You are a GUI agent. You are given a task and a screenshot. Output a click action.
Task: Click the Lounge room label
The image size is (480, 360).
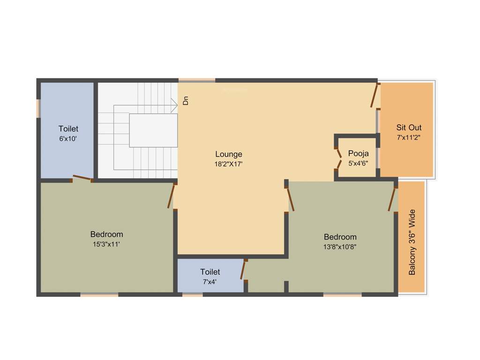(229, 154)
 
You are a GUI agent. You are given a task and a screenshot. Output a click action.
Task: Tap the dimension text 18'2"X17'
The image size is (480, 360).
(229, 164)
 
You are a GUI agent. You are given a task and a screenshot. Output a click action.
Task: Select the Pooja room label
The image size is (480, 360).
(358, 153)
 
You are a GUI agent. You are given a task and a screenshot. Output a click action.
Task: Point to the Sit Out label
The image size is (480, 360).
(409, 127)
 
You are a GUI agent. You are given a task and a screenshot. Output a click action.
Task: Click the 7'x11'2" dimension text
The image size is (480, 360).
(409, 138)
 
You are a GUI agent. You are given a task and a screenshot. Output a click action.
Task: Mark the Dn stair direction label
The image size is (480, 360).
(186, 100)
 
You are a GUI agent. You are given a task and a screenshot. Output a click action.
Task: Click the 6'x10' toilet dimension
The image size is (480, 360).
(68, 139)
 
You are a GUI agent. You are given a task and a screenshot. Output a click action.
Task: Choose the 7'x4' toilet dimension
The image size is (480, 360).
(210, 282)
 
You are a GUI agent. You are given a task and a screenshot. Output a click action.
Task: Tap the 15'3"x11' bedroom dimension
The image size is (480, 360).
(106, 244)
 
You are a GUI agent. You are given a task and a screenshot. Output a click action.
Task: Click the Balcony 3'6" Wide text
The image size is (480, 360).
(412, 242)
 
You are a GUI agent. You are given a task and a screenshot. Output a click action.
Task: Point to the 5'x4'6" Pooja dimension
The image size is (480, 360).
(358, 164)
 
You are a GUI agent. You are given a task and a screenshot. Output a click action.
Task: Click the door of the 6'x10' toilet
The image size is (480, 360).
(82, 178)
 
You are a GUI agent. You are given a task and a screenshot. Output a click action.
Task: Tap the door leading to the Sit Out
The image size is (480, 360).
(375, 96)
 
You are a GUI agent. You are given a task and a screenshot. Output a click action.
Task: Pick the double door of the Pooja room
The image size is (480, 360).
(338, 158)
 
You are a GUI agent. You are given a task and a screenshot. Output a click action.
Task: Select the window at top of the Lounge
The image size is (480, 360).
(197, 80)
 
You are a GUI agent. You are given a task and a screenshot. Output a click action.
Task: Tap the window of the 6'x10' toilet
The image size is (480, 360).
(38, 108)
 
